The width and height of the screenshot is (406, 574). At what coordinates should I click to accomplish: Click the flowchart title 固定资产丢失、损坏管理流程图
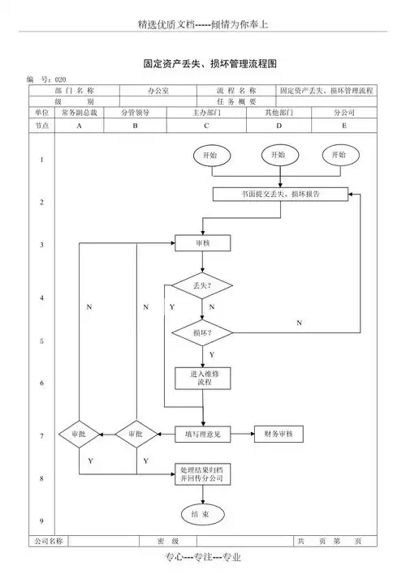210,62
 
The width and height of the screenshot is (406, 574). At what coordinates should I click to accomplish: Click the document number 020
59,79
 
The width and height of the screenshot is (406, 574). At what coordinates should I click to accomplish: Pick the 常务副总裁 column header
79,113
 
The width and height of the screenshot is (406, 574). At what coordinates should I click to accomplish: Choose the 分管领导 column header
135,113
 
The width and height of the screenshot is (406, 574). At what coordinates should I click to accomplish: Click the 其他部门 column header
279,113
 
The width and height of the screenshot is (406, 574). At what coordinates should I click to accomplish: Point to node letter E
343,126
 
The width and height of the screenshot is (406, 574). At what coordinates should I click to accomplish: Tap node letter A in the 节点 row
79,126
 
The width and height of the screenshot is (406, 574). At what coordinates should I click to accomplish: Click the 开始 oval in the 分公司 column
339,154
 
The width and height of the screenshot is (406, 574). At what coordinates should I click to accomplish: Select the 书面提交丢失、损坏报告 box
280,195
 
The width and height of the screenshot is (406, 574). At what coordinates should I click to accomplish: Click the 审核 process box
203,242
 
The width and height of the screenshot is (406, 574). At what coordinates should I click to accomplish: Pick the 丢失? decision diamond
202,285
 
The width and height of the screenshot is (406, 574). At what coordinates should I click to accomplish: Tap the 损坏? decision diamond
202,333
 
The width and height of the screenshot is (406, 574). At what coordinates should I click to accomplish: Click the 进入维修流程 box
204,378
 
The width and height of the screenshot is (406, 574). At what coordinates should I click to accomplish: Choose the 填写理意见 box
203,435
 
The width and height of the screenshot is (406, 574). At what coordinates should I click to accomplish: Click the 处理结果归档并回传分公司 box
203,474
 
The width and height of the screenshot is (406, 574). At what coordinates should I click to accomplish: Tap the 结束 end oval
201,514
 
